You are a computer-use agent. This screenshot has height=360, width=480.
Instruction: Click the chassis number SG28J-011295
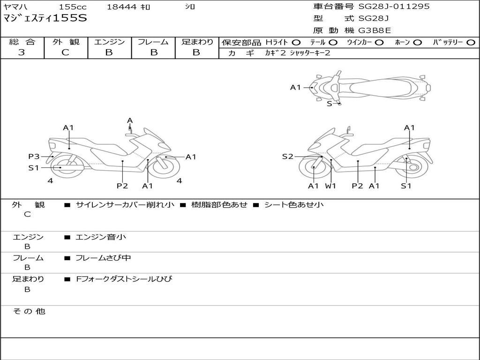pyautogui.click(x=394, y=7)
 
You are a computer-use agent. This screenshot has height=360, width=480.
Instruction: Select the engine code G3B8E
pyautogui.click(x=375, y=31)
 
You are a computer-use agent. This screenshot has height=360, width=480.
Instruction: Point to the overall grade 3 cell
pyautogui.click(x=22, y=52)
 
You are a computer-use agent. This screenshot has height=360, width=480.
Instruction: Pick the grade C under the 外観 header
pyautogui.click(x=66, y=52)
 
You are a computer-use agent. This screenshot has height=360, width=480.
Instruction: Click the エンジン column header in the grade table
pyautogui.click(x=109, y=42)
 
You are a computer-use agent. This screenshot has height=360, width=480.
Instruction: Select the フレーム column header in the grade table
pyautogui.click(x=153, y=42)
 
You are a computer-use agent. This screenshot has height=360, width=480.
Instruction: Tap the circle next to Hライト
pyautogui.click(x=296, y=43)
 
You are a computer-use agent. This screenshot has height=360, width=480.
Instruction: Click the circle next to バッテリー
pyautogui.click(x=471, y=43)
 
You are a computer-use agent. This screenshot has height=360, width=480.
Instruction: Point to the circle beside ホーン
pyautogui.click(x=417, y=43)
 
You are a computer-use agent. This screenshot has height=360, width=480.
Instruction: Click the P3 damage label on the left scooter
pyautogui.click(x=34, y=157)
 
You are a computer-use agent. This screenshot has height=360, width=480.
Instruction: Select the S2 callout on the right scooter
pyautogui.click(x=287, y=157)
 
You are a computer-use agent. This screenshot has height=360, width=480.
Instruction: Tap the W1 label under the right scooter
pyautogui.click(x=331, y=186)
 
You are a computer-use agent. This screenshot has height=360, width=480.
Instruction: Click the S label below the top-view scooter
pyautogui.click(x=330, y=104)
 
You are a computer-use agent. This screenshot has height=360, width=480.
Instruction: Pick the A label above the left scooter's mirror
pyautogui.click(x=130, y=120)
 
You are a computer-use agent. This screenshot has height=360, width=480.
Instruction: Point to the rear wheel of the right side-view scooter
pyautogui.click(x=414, y=166)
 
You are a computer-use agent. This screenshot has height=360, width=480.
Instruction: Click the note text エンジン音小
pyautogui.click(x=101, y=237)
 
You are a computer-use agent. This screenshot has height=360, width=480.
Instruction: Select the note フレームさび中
pyautogui.click(x=103, y=258)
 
